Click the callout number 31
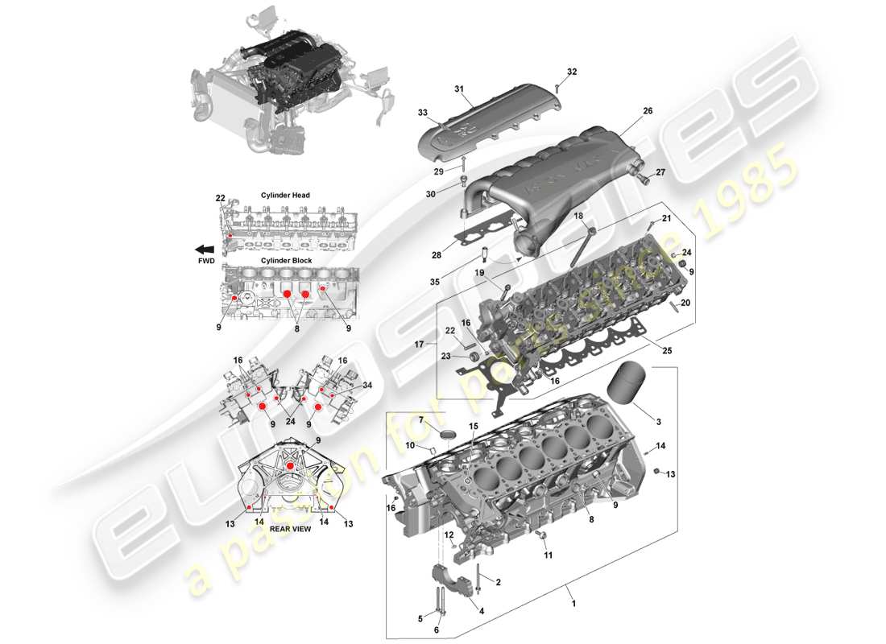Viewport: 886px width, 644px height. point(460,89)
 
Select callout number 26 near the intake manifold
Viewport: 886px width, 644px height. point(647,112)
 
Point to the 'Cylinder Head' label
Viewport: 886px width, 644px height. point(285,196)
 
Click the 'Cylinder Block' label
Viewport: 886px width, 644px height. point(285,261)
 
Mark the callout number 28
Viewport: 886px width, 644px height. point(436,255)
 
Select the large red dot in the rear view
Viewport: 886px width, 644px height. point(290,465)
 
